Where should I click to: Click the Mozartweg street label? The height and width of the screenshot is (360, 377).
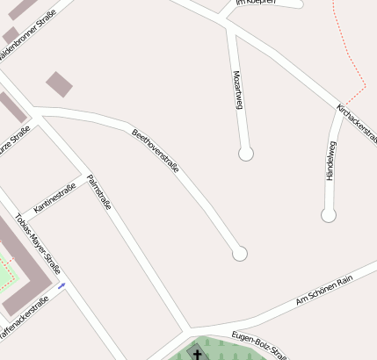(237, 90)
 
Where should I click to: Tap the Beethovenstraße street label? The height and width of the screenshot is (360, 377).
(156, 150)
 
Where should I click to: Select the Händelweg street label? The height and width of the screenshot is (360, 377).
(330, 162)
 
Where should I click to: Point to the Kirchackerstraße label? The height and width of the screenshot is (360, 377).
(357, 124)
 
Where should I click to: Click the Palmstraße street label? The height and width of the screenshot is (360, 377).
(98, 192)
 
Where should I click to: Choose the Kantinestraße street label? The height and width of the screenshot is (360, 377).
(54, 198)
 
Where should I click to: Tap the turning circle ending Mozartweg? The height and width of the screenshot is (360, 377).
(246, 154)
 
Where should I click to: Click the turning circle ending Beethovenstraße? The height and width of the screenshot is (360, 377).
(239, 254)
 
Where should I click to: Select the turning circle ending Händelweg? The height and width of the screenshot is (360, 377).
(329, 214)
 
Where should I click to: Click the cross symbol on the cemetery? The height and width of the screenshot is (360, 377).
(197, 354)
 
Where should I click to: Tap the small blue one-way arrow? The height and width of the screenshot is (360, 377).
(62, 285)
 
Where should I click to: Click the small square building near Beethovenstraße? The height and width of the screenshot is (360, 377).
(60, 84)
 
